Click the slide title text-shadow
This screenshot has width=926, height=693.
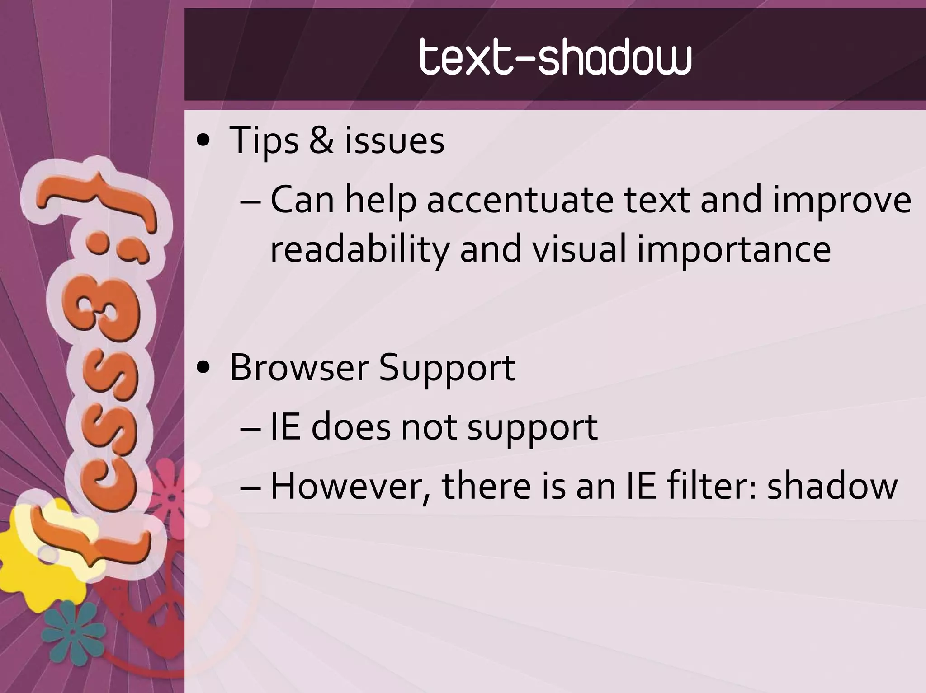coord(555,57)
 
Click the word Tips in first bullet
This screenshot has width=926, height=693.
coord(264,140)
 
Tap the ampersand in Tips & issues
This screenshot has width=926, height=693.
coord(321,140)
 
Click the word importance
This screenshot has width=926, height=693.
coord(733,250)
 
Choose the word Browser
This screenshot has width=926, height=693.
coord(299,367)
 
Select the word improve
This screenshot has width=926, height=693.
coord(841,201)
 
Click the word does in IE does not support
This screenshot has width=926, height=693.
coord(351,427)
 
